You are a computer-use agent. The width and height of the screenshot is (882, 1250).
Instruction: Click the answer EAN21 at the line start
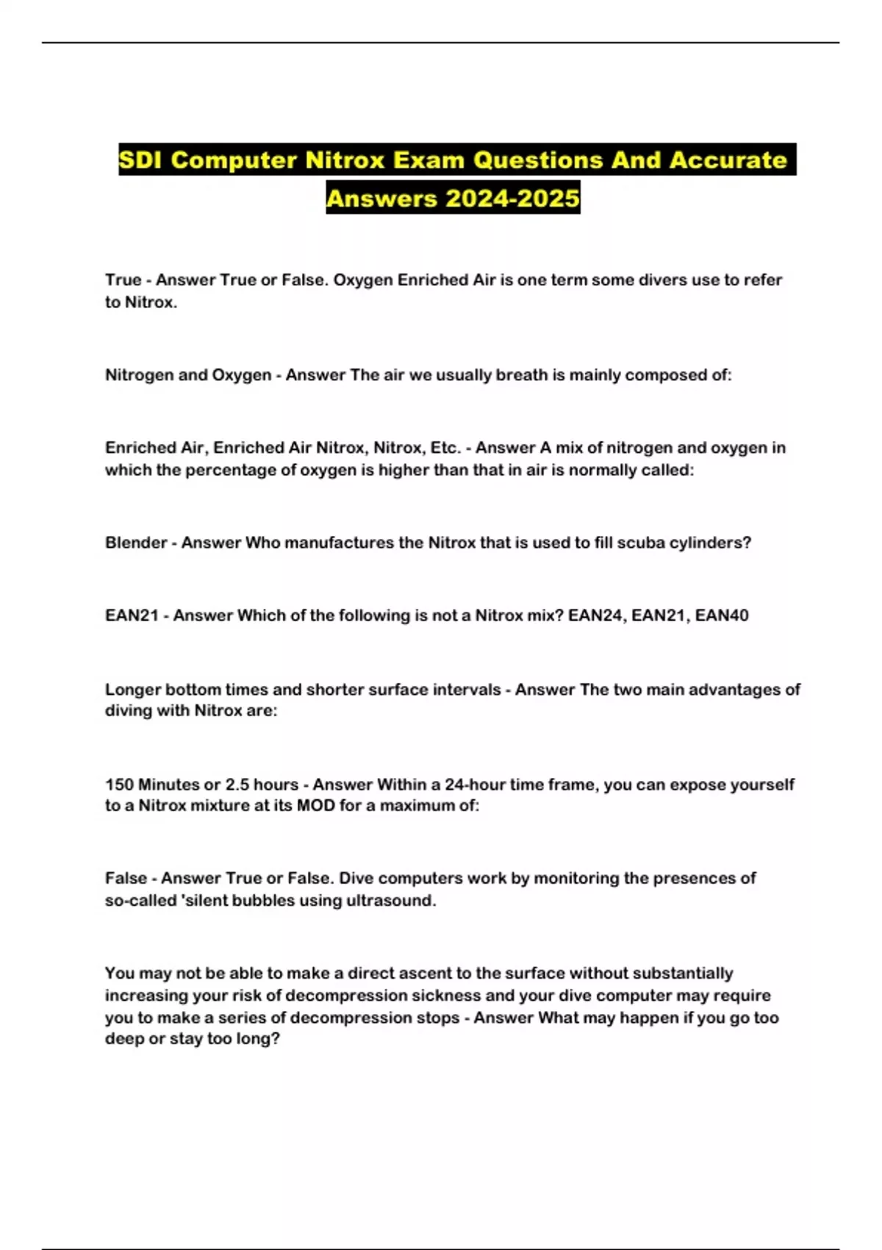tap(132, 615)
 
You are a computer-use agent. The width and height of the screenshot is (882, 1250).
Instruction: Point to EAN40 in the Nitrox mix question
tap(721, 615)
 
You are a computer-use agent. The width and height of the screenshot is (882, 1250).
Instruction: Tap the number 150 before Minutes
tap(119, 785)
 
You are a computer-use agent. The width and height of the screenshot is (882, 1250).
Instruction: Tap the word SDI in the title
tap(141, 160)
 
